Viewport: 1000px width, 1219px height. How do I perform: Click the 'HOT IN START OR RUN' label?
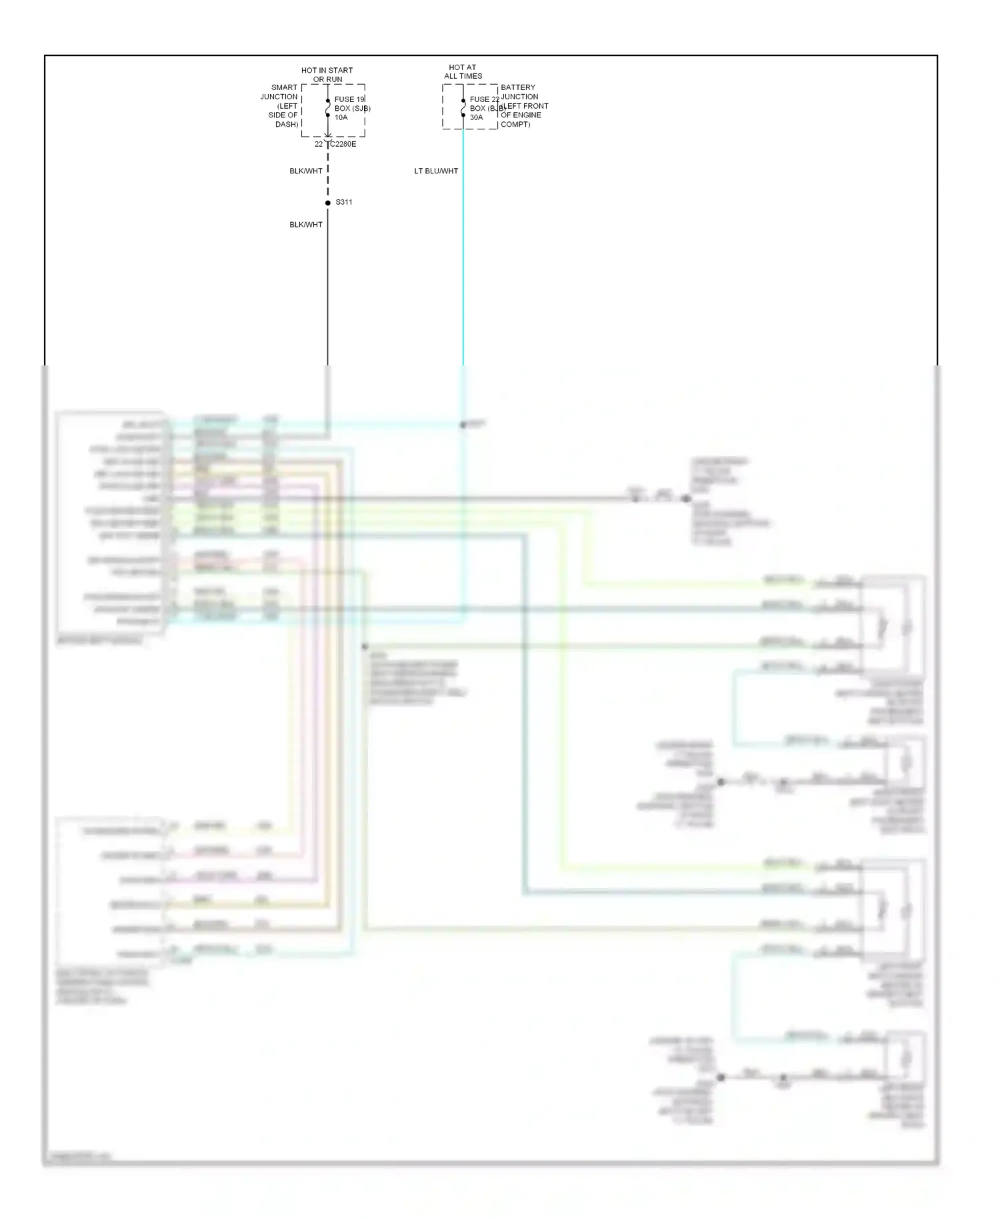(x=327, y=75)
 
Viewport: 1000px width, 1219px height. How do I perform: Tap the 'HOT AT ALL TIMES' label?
(x=463, y=71)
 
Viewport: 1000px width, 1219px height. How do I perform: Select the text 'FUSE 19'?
(x=349, y=99)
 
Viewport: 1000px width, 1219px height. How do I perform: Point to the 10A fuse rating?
(x=341, y=117)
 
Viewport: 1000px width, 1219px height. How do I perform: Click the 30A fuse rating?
(x=476, y=117)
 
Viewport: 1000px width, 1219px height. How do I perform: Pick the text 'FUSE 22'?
(x=484, y=99)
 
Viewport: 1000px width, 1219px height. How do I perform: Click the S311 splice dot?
(x=327, y=203)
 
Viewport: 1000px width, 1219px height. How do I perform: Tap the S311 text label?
(x=344, y=202)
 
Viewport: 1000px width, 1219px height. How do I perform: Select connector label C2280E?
(x=343, y=144)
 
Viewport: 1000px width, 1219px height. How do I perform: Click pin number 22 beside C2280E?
(x=319, y=144)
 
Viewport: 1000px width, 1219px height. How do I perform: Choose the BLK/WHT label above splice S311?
(x=306, y=171)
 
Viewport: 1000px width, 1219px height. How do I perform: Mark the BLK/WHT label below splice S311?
(x=306, y=225)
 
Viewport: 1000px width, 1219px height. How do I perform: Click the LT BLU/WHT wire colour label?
(x=436, y=171)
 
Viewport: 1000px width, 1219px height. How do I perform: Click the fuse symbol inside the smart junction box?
(x=327, y=107)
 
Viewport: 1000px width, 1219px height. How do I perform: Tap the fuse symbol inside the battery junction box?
(x=463, y=107)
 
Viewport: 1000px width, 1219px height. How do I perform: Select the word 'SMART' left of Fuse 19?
(x=284, y=87)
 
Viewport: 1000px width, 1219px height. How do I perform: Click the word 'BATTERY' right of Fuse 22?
(x=518, y=87)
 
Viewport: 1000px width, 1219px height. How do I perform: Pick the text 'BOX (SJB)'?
(x=352, y=108)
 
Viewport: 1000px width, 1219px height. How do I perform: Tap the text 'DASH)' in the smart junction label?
(x=287, y=125)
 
